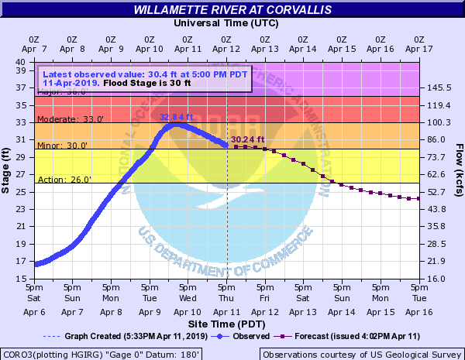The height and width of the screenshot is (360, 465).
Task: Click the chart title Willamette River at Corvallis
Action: click(232, 10)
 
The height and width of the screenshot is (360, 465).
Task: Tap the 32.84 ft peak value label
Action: click(176, 117)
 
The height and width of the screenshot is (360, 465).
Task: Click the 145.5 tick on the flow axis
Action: click(439, 88)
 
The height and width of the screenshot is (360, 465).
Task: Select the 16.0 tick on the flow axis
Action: click(437, 278)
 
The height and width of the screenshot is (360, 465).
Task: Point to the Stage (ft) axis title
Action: click(8, 170)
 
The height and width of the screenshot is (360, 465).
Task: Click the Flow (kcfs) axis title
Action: click(459, 170)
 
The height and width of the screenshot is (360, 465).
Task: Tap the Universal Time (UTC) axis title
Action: click(226, 23)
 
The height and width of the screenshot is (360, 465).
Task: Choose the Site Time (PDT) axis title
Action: click(226, 322)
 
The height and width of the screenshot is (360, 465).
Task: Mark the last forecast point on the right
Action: click(418, 199)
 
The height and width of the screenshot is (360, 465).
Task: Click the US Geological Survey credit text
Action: click(362, 354)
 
